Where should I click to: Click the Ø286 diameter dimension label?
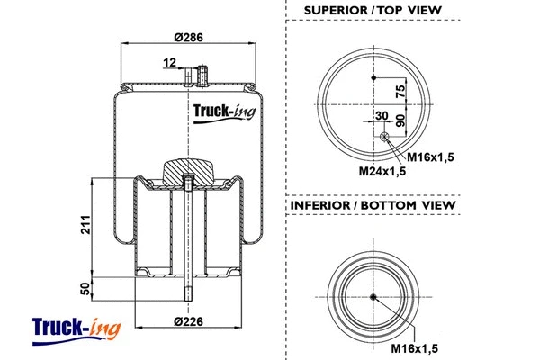point(188,39)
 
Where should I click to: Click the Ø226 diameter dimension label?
point(188,322)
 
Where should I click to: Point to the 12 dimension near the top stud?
point(169,62)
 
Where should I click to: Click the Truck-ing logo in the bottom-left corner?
point(76,328)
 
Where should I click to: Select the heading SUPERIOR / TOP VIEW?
point(373,11)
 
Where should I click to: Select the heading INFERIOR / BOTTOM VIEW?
point(373,205)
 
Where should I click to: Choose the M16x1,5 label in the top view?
point(431,157)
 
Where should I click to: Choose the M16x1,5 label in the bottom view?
point(418,346)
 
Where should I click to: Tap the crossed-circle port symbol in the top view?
point(384,137)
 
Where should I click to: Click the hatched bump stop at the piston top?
point(188,169)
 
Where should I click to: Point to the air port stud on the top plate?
point(202,73)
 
